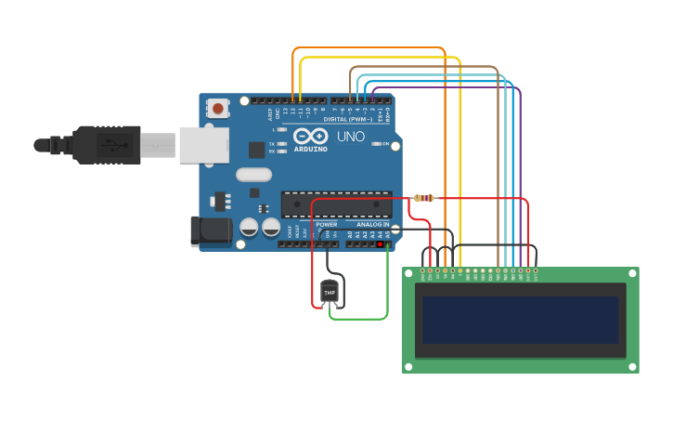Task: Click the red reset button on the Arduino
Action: pyautogui.click(x=218, y=108)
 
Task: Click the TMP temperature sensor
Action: pyautogui.click(x=330, y=292)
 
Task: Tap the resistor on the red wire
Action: pyautogui.click(x=423, y=198)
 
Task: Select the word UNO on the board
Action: pyautogui.click(x=350, y=137)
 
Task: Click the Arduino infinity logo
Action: pyautogui.click(x=310, y=136)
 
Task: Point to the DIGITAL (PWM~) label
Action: pyautogui.click(x=348, y=119)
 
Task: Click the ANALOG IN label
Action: pyautogui.click(x=373, y=224)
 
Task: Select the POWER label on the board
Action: pyautogui.click(x=326, y=224)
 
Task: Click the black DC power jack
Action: pyautogui.click(x=211, y=231)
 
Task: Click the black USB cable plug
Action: pyautogui.click(x=108, y=145)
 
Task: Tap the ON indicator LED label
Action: pyautogui.click(x=384, y=144)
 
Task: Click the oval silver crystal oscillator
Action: pyautogui.click(x=253, y=174)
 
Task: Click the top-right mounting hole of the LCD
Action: pyautogui.click(x=633, y=273)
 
